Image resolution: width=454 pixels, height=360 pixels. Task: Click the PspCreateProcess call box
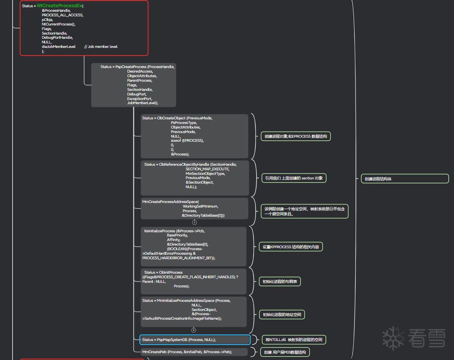(133, 85)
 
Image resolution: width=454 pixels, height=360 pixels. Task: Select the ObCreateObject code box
(194, 136)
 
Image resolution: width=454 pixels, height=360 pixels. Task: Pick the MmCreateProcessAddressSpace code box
(194, 208)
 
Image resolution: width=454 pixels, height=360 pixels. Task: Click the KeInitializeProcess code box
(194, 247)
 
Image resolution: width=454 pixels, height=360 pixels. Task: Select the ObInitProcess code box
(194, 281)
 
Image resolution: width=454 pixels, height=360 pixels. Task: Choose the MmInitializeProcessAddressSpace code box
(194, 312)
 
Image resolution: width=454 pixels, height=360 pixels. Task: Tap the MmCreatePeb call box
(194, 352)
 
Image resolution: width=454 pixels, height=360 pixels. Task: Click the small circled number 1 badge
(195, 222)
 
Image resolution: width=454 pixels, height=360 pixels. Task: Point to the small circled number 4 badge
(194, 330)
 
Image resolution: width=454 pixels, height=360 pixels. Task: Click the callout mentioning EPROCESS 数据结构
(295, 136)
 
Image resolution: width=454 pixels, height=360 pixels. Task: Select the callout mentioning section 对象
(294, 178)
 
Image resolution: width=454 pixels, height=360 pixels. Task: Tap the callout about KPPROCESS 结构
(291, 247)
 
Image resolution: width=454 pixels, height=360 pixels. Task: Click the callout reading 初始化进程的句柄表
(280, 282)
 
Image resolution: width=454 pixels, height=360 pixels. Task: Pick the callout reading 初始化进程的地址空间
(282, 314)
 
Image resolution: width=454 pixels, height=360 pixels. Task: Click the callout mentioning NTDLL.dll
(294, 339)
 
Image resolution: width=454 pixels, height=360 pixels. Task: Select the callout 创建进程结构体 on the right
(405, 179)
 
